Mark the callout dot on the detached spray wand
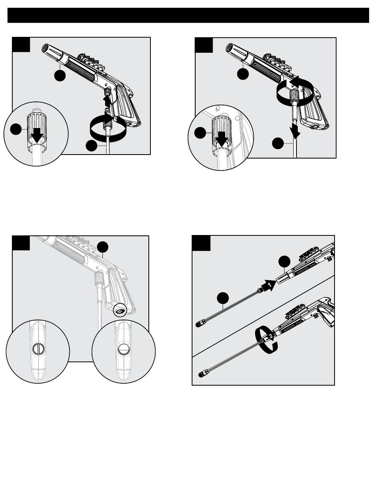point(223,298)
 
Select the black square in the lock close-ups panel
point(21,243)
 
